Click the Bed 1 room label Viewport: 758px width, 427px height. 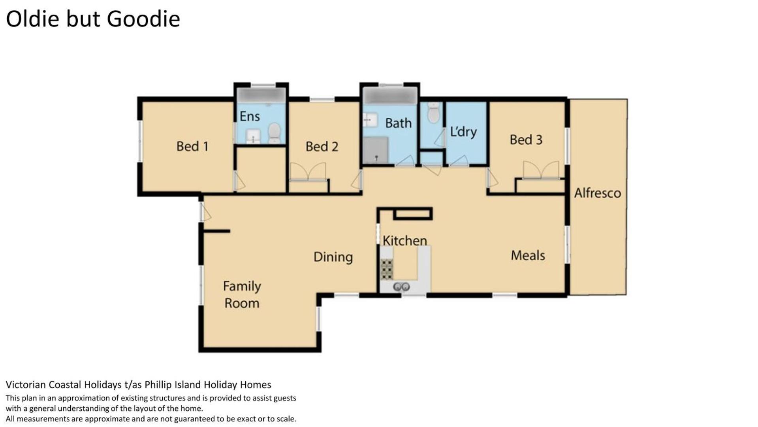point(192,146)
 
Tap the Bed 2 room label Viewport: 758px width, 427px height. point(322,146)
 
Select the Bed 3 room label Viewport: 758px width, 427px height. point(526,139)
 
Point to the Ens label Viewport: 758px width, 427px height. point(250,116)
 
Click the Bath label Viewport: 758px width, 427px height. point(398,123)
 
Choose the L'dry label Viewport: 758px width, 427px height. point(463,131)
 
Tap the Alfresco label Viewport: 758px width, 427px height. point(597,193)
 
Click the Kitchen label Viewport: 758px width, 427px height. point(405,240)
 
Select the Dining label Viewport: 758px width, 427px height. point(333,257)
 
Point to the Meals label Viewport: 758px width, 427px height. point(528,255)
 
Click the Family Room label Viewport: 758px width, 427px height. point(242,295)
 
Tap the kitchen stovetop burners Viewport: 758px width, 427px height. point(387,269)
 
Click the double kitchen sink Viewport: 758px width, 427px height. point(401,287)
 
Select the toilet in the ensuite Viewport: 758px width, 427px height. point(274,133)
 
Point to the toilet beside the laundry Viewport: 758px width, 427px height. point(433,113)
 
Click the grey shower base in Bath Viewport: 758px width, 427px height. point(376,150)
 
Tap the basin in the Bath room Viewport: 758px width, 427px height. point(371,119)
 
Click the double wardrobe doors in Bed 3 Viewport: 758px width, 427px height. point(541,170)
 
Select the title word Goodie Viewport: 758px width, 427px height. point(143,19)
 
